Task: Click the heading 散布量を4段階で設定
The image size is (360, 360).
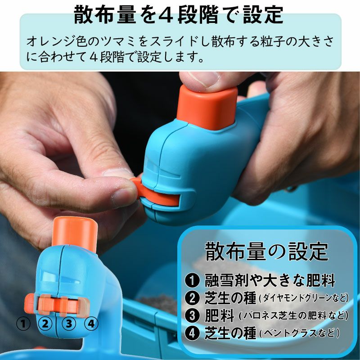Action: click(178, 15)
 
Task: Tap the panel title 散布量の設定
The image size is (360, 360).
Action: click(266, 252)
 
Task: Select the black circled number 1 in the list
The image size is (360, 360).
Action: click(193, 280)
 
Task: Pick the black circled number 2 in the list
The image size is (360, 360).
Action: click(193, 298)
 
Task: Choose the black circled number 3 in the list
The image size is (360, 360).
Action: click(193, 315)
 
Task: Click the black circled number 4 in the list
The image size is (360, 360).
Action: click(193, 333)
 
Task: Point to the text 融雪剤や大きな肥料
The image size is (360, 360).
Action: click(270, 280)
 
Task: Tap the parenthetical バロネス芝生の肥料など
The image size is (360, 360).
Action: click(294, 316)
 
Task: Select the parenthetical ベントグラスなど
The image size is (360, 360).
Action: click(299, 333)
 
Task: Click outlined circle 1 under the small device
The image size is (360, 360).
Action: click(23, 324)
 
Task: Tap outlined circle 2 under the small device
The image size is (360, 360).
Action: click(45, 324)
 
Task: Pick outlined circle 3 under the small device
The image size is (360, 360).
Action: click(69, 324)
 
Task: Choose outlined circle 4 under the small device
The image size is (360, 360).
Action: click(91, 324)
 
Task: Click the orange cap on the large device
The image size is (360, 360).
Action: click(207, 108)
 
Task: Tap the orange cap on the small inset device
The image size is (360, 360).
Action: click(74, 234)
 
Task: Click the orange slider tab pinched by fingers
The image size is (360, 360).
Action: click(156, 193)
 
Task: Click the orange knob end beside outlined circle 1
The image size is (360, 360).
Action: click(29, 301)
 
